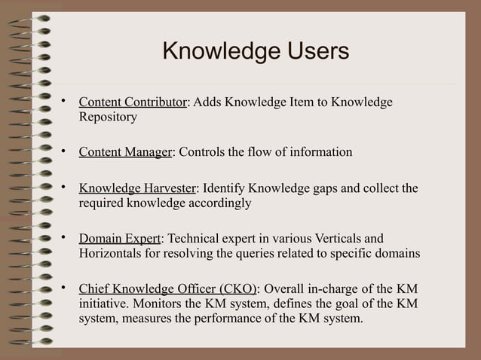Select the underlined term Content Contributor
(133, 102)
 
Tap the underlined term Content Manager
(126, 152)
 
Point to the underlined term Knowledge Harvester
(137, 188)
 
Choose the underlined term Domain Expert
(119, 238)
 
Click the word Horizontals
(111, 254)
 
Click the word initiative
(103, 304)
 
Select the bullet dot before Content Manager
(65, 151)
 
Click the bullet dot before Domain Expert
(65, 237)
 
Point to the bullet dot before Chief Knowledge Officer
(65, 288)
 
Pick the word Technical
(192, 238)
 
